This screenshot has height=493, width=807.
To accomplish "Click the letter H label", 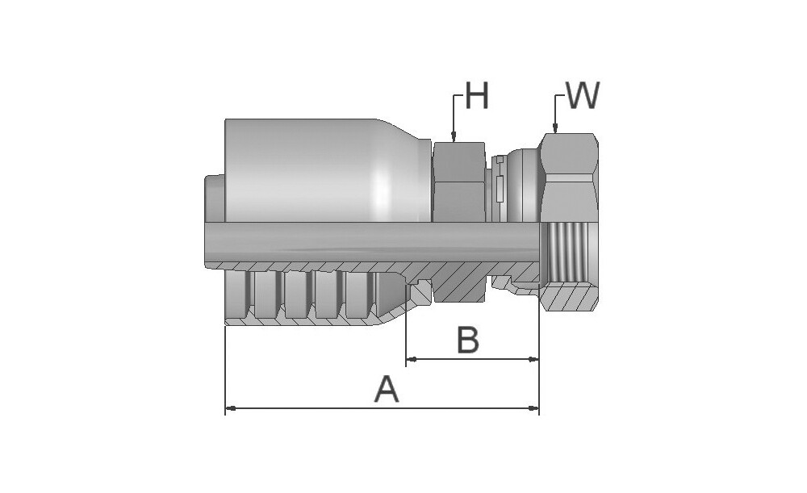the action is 477,95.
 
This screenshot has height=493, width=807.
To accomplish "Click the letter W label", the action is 583,95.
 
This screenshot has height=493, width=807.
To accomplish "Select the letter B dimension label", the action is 468,341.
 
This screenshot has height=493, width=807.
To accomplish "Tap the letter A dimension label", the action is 387,389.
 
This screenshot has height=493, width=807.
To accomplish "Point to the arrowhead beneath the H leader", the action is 454,137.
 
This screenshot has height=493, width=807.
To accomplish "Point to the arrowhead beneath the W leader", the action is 555,127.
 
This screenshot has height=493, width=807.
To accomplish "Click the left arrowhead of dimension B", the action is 412,359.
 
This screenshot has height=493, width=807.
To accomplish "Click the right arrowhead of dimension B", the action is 533,359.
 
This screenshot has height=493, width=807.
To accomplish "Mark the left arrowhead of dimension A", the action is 231,408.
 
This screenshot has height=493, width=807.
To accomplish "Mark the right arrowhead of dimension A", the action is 533,408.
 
